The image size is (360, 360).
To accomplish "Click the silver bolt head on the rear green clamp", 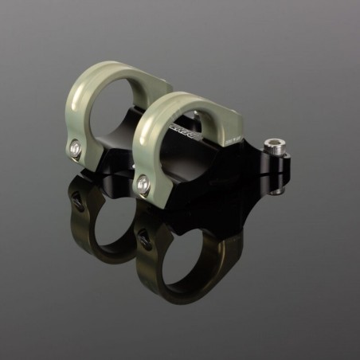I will [76, 147].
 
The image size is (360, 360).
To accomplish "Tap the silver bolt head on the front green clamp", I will [143, 183].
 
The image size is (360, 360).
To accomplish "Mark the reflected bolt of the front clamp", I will [143, 237].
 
